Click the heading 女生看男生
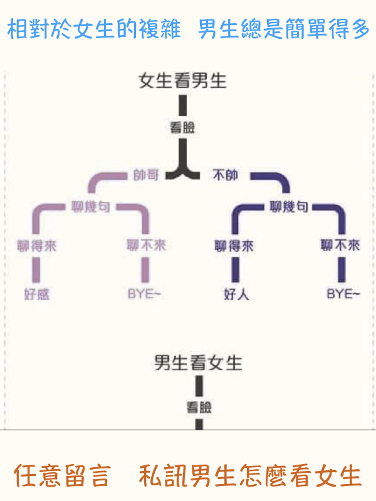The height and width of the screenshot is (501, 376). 182,81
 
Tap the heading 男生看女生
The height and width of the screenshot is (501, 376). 198,363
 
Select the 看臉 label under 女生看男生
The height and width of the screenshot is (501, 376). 182,128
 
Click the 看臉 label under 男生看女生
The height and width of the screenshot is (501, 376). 199,408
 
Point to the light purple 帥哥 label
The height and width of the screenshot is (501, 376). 146,175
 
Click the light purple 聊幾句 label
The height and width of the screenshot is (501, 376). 90,206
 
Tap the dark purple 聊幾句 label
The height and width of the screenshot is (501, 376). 289,206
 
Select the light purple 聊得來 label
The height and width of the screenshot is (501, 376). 36,245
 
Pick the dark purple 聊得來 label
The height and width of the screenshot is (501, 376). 235,245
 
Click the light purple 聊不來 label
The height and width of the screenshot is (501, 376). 146,245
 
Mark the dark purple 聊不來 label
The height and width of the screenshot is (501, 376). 340,245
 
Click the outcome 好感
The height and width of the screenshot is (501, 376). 36,294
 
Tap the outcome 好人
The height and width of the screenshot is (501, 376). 236,294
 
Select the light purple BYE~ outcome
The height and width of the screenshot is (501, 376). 145,294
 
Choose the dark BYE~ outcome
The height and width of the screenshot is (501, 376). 343,294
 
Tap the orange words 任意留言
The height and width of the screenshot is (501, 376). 61,475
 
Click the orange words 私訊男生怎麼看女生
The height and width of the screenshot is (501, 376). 250,475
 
